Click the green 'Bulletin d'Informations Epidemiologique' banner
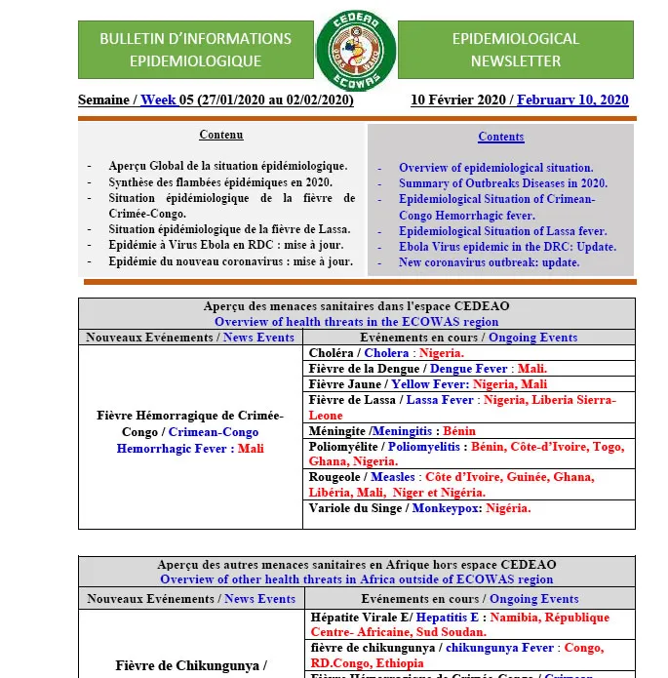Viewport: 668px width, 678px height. [195, 50]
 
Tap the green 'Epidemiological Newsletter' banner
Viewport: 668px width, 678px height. [515, 50]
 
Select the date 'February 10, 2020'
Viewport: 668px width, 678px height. [572, 100]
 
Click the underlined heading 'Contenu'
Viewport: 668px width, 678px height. [221, 135]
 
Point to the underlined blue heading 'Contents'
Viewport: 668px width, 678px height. [501, 137]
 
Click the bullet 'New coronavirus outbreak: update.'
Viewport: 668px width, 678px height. [489, 262]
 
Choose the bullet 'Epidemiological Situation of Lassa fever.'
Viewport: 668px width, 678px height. [502, 231]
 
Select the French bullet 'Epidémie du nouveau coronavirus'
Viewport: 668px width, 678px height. [230, 261]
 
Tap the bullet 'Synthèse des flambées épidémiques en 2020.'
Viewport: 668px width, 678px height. [220, 181]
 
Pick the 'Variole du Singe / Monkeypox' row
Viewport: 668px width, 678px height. [419, 508]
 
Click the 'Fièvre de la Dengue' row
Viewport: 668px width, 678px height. [427, 369]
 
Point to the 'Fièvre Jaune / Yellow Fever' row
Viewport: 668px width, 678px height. [427, 384]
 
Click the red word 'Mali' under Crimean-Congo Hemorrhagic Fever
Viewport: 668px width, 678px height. [251, 449]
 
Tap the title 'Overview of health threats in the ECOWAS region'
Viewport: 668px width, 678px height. [356, 322]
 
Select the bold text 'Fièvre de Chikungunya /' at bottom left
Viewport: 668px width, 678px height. [190, 666]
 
